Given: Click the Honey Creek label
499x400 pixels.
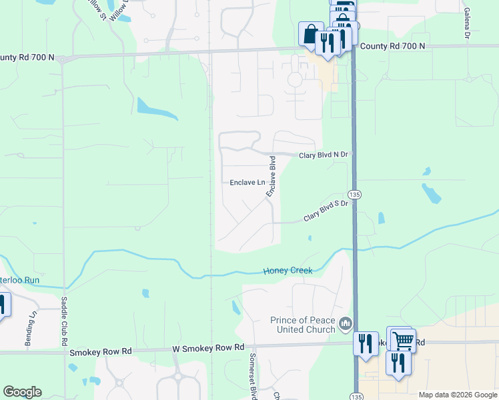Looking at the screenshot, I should click(x=288, y=271).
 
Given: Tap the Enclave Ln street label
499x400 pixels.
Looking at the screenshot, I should click(x=247, y=182).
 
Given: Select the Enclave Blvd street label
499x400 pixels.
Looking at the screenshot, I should click(x=272, y=177).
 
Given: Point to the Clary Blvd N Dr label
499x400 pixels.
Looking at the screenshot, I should click(x=324, y=155).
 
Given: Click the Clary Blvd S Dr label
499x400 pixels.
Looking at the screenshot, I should click(x=326, y=210).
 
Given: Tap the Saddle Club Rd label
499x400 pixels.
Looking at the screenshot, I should click(x=65, y=321).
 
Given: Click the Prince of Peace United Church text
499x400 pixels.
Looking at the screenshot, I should click(x=302, y=325).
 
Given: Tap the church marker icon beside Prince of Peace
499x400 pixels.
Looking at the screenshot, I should click(x=345, y=324).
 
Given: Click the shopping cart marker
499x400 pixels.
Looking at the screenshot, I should click(x=402, y=339).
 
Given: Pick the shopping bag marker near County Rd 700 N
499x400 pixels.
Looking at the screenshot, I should click(x=311, y=33).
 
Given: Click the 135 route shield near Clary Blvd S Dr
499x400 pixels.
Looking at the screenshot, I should click(x=355, y=194).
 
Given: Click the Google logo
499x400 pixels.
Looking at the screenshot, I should click(x=22, y=392).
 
